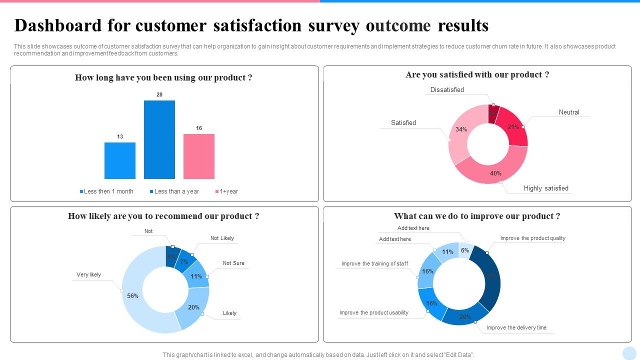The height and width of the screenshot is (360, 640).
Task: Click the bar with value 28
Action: [159, 139]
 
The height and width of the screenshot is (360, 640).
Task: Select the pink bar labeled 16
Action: [199, 156]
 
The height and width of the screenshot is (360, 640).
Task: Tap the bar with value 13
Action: [120, 160]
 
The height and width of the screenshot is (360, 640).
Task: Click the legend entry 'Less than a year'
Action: [176, 191]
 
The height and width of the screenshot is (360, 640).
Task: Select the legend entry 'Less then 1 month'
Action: [108, 191]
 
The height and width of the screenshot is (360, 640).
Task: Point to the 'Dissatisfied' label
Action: [447, 90]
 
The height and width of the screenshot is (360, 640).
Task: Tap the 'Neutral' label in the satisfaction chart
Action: [569, 112]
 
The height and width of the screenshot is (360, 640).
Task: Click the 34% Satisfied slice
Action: [459, 132]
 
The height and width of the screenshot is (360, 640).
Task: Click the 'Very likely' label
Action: [88, 274]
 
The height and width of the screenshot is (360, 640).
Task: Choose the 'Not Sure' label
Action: [233, 263]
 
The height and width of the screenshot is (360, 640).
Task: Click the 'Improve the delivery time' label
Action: [516, 328]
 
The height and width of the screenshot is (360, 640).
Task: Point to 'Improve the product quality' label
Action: [532, 238]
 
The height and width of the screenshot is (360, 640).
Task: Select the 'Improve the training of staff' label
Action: [374, 263]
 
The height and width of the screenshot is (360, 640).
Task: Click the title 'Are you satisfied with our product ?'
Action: [477, 75]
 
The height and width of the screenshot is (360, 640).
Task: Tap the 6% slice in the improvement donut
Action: [465, 249]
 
